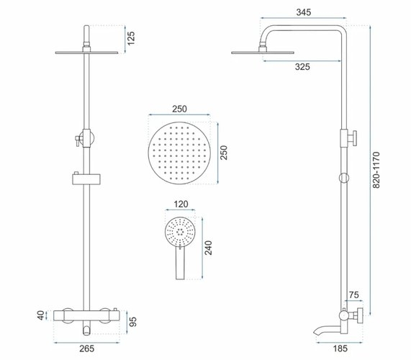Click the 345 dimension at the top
304,12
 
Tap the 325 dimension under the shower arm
302,66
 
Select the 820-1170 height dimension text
376,170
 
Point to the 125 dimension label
130,38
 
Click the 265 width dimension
87,348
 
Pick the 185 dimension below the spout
340,348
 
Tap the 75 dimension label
353,294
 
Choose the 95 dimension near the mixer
133,322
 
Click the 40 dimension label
41,315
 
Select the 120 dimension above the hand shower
181,204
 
